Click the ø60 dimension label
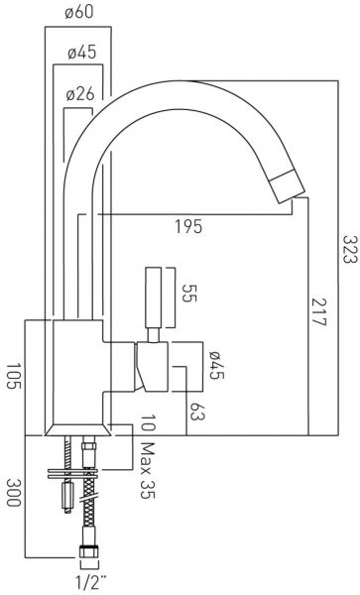click(x=79, y=13)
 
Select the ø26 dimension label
click(x=80, y=94)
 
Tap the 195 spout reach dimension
click(x=188, y=227)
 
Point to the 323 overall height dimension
click(x=350, y=249)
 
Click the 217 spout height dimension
click(x=318, y=312)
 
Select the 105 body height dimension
click(x=14, y=376)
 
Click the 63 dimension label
click(x=194, y=412)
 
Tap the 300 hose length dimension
click(x=14, y=493)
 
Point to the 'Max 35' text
click(x=148, y=470)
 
